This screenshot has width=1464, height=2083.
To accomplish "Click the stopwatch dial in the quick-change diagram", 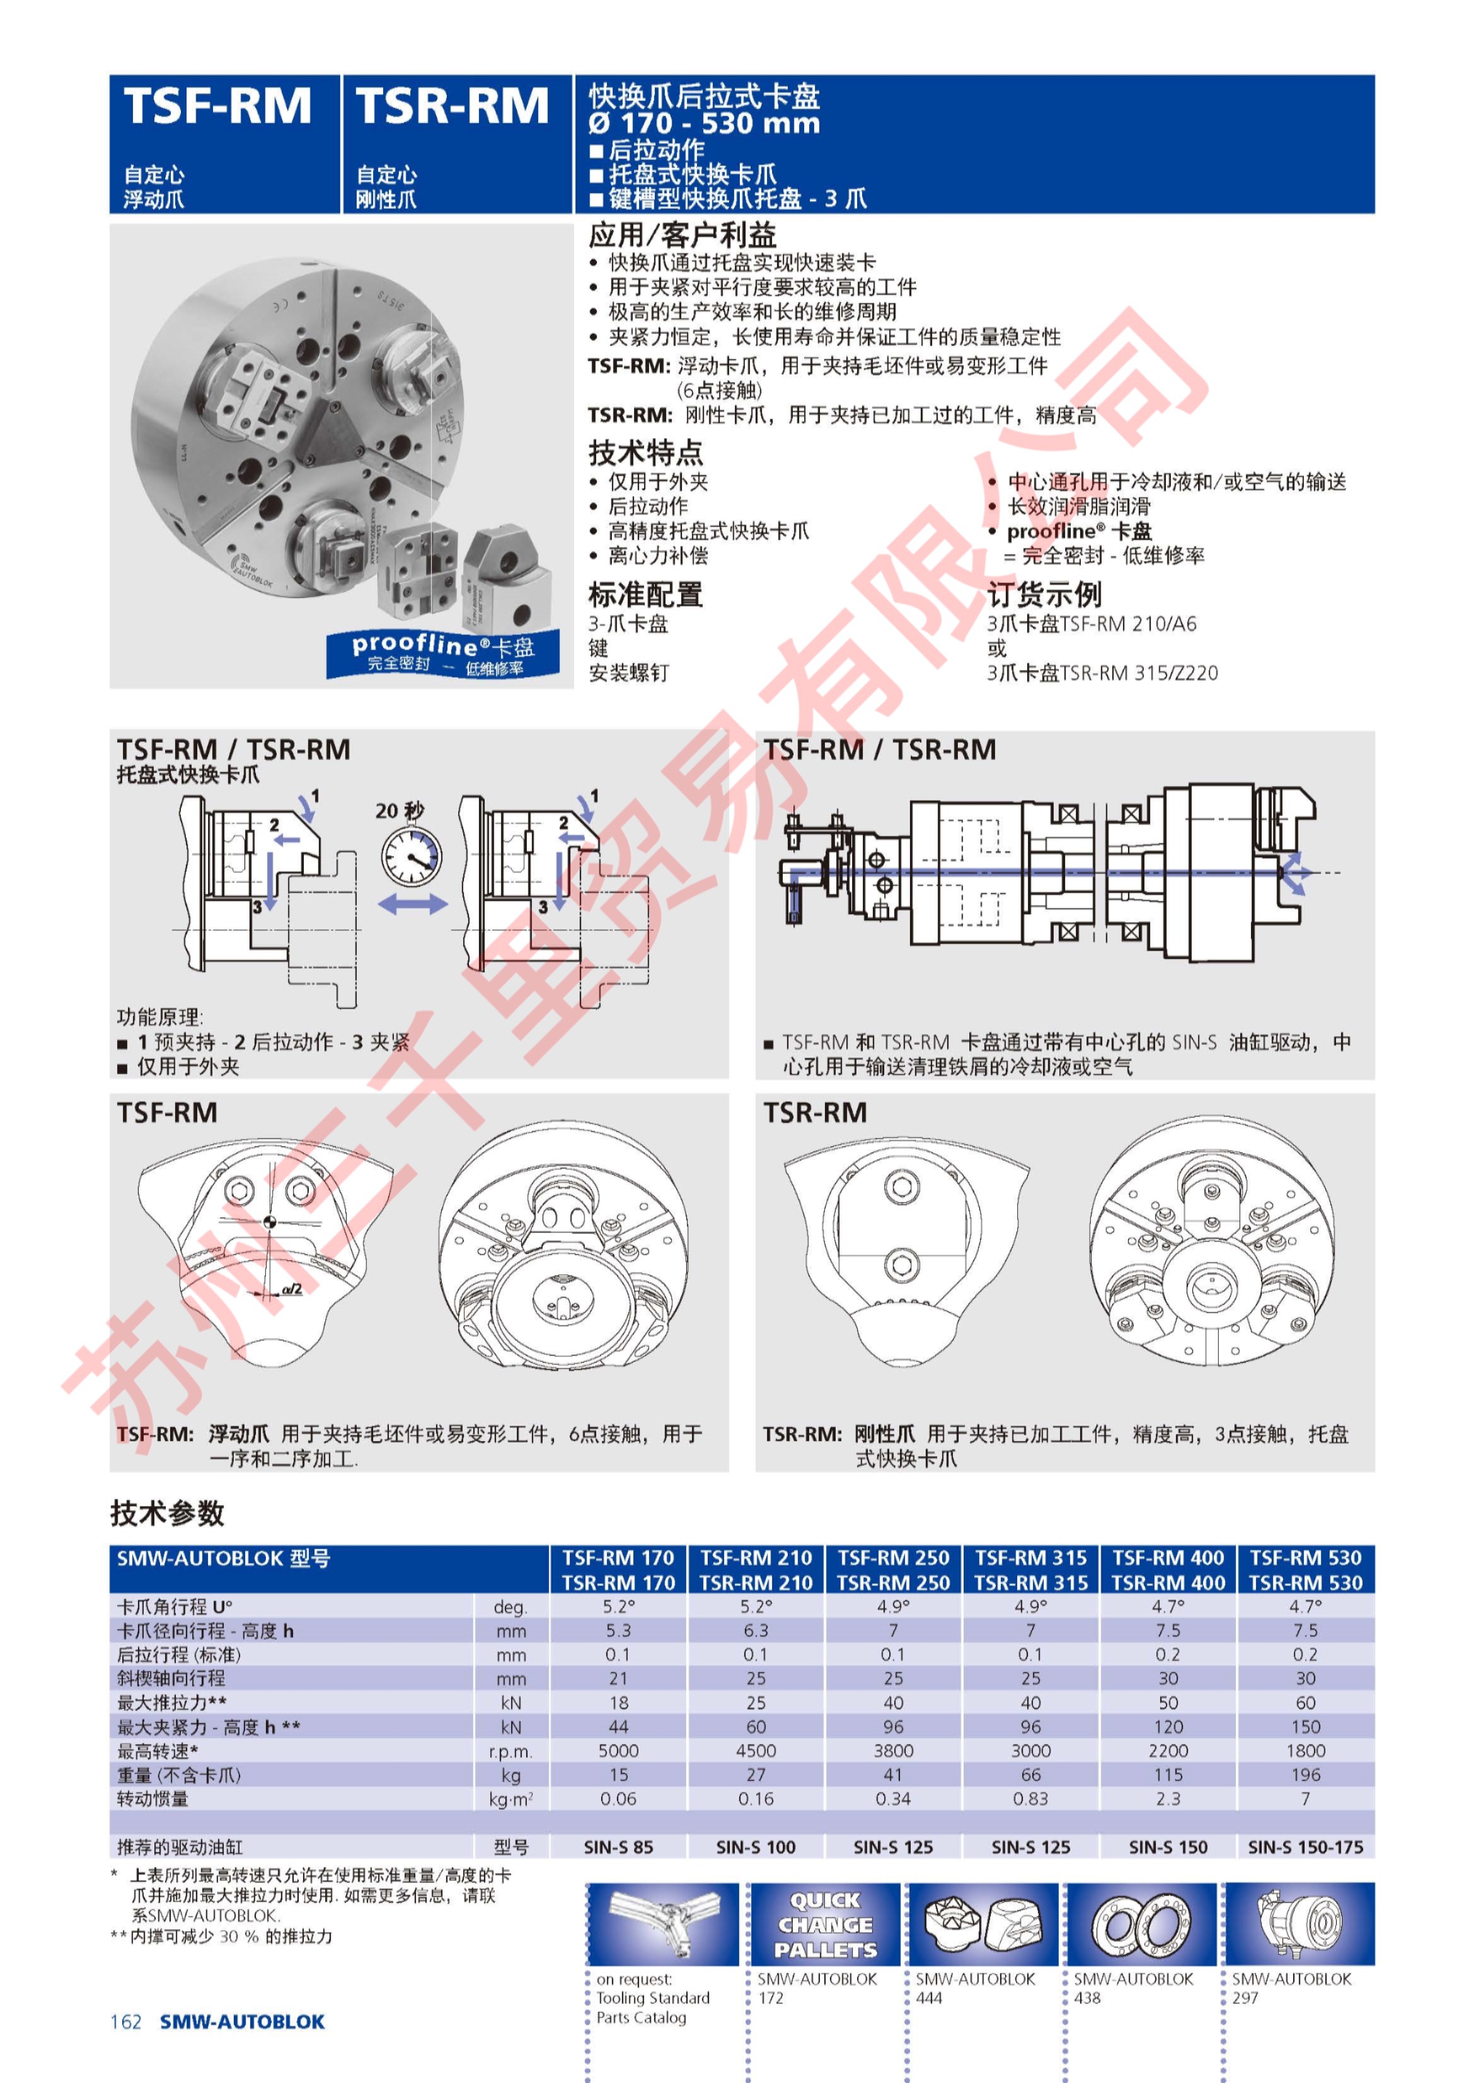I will click(411, 857).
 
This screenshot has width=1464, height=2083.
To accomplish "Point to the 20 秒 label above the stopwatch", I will click(399, 810).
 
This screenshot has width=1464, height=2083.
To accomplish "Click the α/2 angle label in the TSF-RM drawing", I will click(292, 1288).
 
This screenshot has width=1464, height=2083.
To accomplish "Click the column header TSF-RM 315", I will click(1030, 1558).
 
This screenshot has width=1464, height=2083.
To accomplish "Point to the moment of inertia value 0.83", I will click(1030, 1798).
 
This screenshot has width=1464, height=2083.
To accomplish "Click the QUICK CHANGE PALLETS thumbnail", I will click(824, 1924).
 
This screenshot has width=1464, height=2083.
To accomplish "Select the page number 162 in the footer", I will click(126, 2021).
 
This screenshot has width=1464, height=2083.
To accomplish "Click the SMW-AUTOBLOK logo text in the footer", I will click(242, 2021).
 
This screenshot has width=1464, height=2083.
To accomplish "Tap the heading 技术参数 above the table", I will click(167, 1513).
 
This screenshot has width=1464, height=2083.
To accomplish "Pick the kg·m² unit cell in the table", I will click(510, 1799).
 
